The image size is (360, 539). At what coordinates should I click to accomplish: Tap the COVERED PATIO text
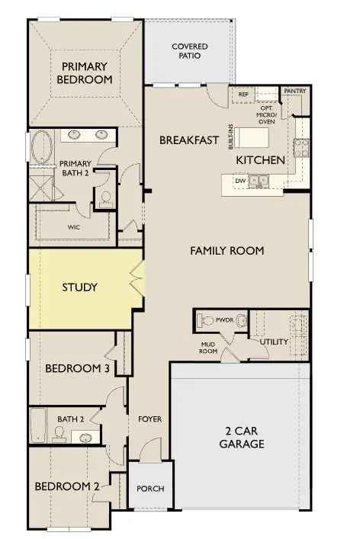pyautogui.click(x=189, y=51)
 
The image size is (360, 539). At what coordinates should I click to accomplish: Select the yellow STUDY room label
pyautogui.click(x=79, y=287)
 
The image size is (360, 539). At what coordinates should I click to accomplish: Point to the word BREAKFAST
pyautogui.click(x=189, y=140)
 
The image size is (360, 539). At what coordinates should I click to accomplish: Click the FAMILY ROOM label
pyautogui.click(x=227, y=250)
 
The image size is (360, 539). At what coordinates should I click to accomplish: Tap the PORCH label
pyautogui.click(x=150, y=489)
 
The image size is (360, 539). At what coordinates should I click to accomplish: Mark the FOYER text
pyautogui.click(x=149, y=419)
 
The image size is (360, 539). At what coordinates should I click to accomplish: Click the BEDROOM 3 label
pyautogui.click(x=77, y=368)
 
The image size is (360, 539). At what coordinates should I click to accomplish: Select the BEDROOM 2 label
pyautogui.click(x=66, y=486)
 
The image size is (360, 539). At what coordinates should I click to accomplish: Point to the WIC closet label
pyautogui.click(x=74, y=226)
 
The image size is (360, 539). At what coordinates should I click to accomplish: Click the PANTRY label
pyautogui.click(x=294, y=91)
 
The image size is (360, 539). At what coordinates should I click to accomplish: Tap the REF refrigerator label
pyautogui.click(x=243, y=95)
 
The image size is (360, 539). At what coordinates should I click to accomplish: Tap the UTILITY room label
pyautogui.click(x=274, y=342)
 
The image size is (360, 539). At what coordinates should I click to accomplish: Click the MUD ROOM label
pyautogui.click(x=209, y=348)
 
